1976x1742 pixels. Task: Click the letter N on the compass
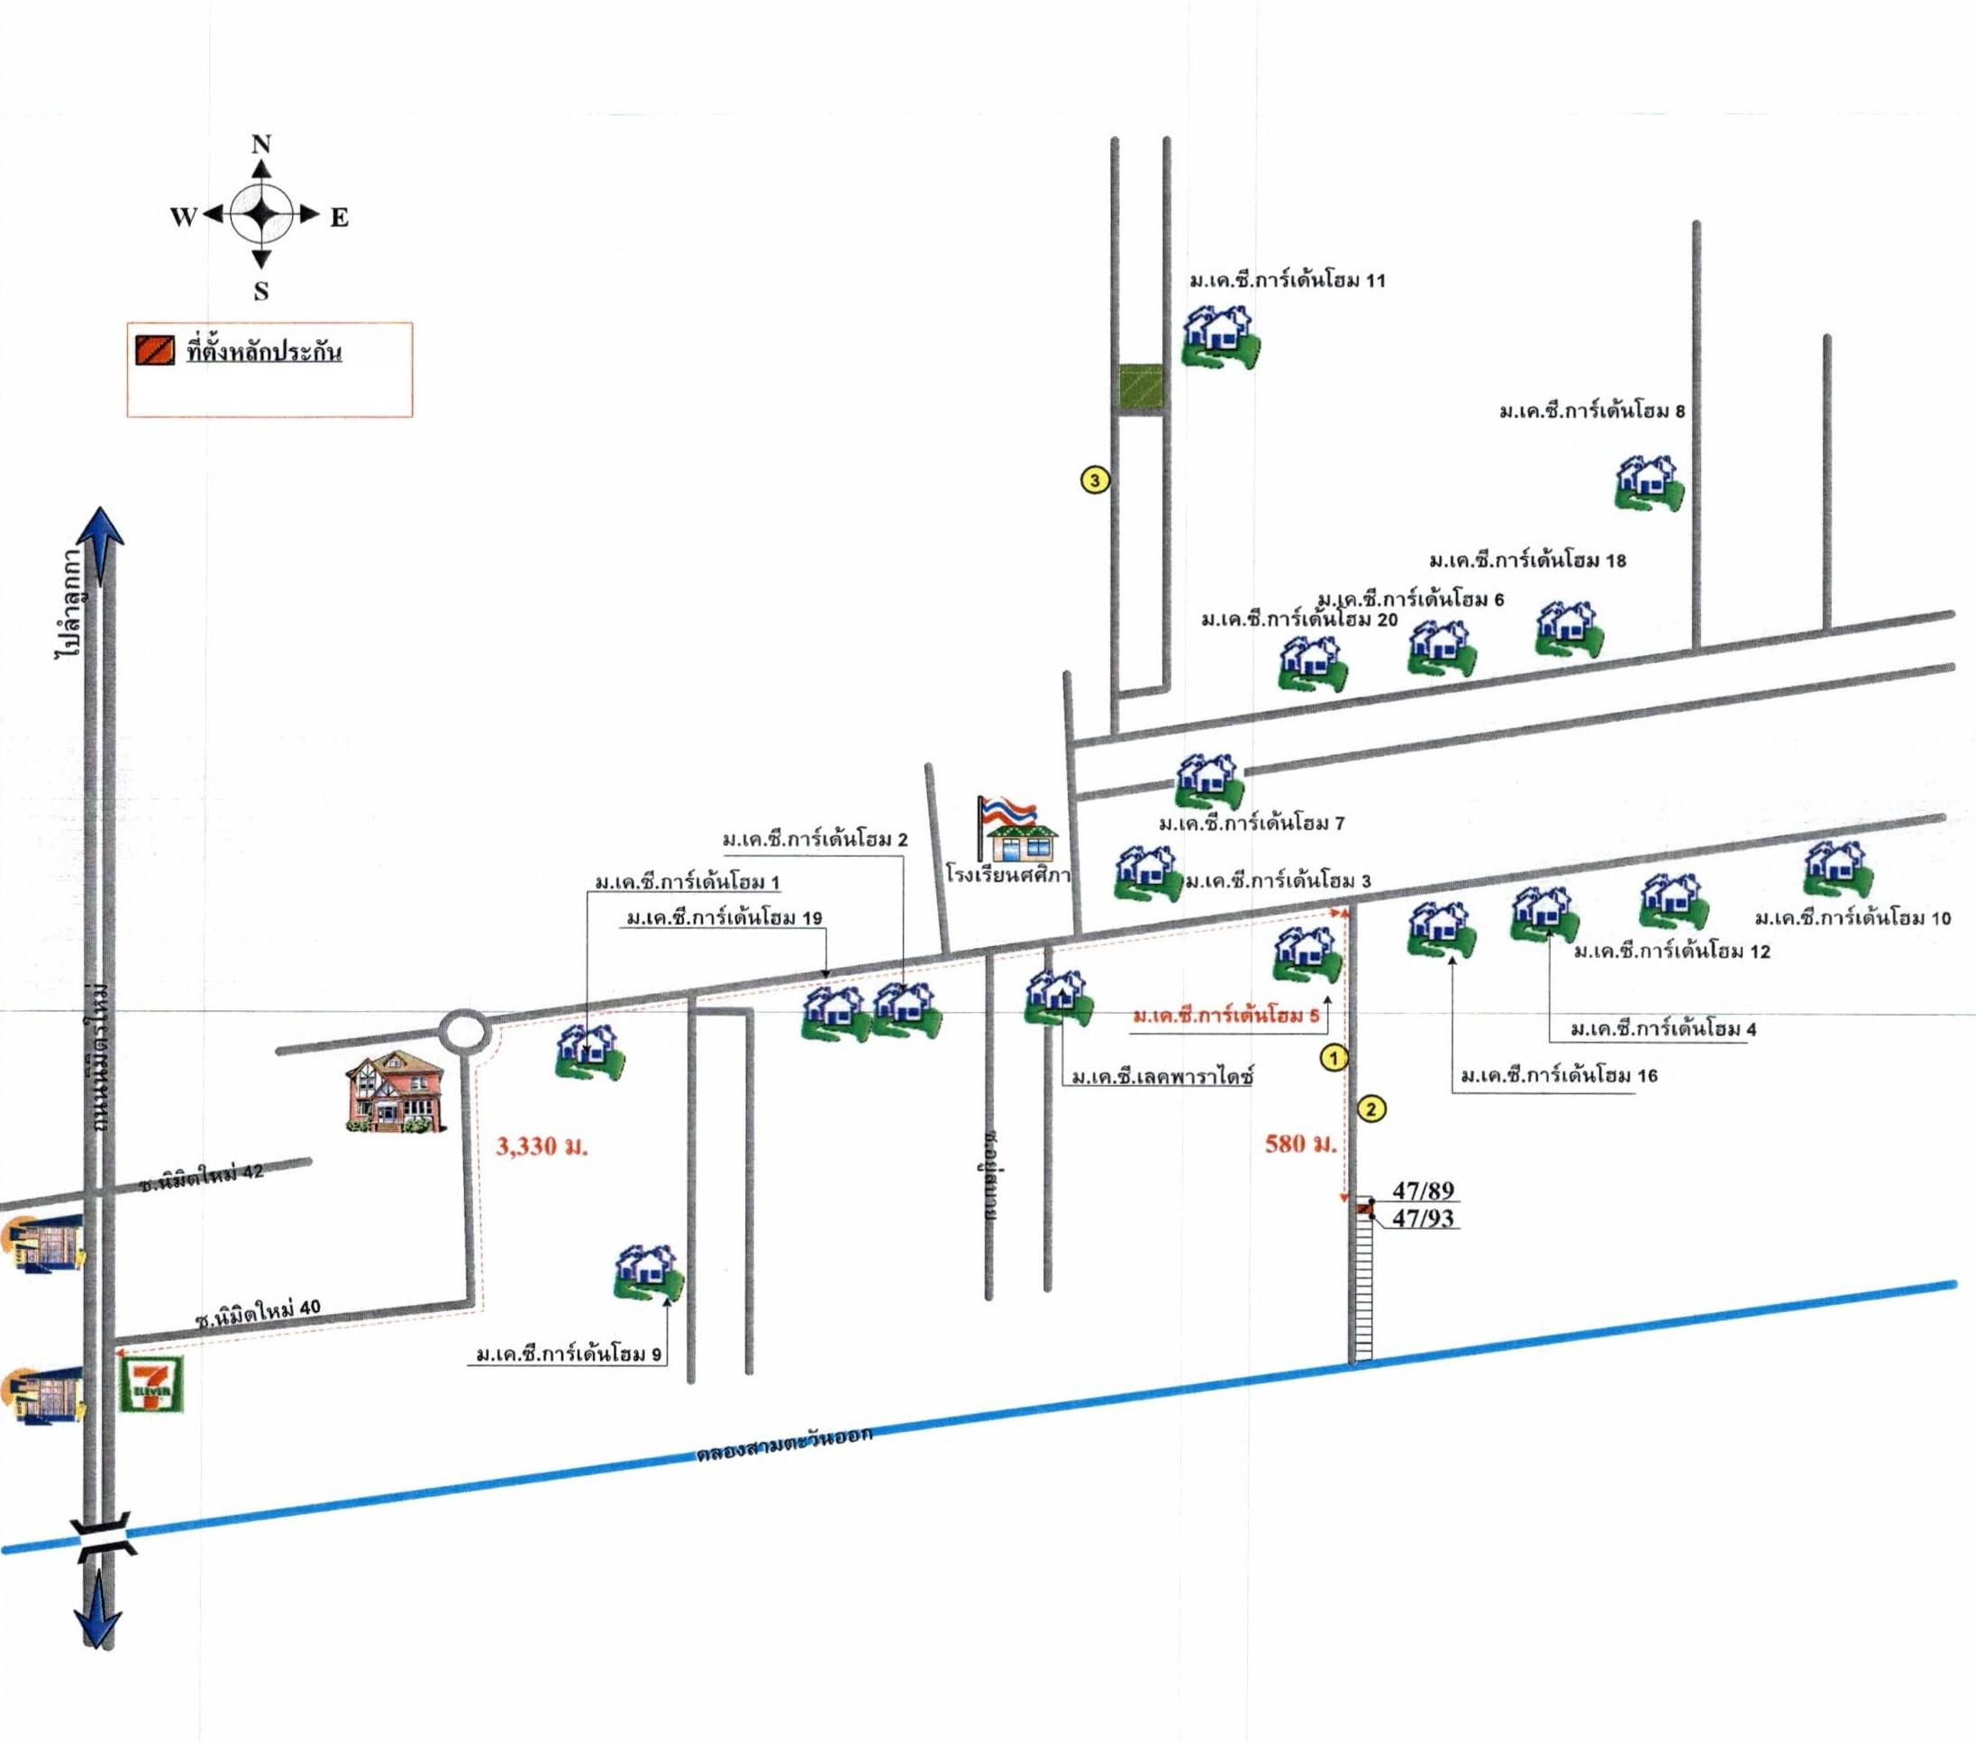coord(261,145)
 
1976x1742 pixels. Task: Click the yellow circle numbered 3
coord(1095,479)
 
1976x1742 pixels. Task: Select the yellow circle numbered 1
coord(1334,1059)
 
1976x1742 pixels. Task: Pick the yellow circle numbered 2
coord(1370,1108)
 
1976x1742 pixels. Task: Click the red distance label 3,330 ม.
coord(542,1146)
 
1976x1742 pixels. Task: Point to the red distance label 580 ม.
coord(1300,1144)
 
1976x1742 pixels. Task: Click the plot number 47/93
coord(1423,1218)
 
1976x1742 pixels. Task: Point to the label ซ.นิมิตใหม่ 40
coord(257,1313)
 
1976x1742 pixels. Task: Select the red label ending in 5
coord(1225,1016)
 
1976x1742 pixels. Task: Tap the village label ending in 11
coord(1287,281)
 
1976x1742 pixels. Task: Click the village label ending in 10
coord(1853,918)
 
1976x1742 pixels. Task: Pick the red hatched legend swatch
coord(155,350)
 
